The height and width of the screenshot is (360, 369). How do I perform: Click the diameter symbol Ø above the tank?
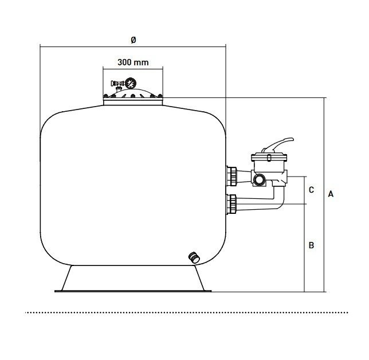133,40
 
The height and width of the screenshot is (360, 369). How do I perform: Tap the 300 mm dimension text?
133,62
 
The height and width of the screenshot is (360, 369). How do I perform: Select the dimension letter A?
331,194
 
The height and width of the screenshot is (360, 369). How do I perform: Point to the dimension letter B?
311,245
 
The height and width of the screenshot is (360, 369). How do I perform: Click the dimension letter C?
311,190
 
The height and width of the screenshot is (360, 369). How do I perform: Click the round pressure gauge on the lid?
129,83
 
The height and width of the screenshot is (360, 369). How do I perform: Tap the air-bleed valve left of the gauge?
117,84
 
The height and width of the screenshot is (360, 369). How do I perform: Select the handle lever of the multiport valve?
278,144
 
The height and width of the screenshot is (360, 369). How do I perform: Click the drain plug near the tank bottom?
194,257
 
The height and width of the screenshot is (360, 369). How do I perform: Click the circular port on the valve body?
260,179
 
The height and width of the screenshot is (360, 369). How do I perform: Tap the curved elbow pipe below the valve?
280,198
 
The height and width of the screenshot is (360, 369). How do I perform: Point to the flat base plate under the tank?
133,291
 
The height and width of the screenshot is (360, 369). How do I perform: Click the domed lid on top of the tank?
133,93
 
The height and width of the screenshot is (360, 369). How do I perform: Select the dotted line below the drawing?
186,312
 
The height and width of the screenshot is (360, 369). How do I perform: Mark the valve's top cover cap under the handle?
269,157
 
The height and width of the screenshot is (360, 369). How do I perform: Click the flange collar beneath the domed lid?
133,102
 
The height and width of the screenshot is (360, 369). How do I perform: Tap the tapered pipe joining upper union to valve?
244,177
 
